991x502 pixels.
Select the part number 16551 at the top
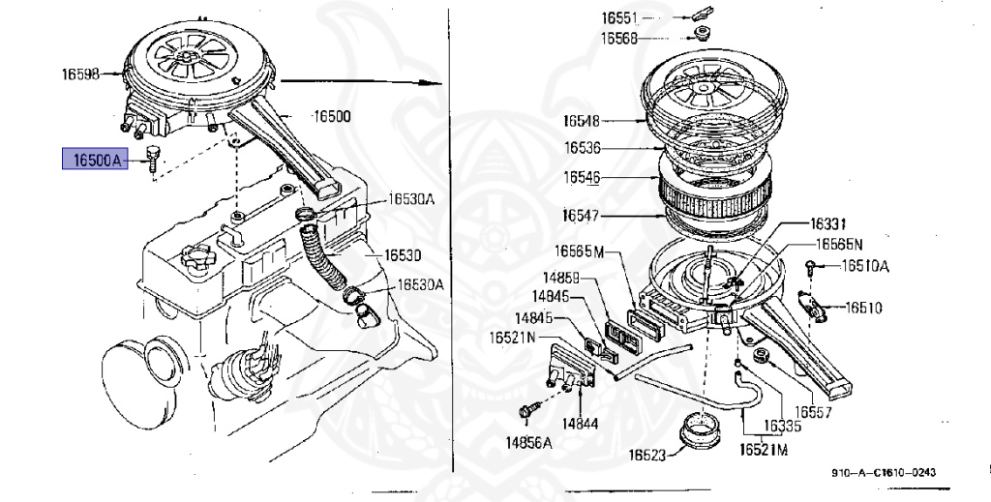618,19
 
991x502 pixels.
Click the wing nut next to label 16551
702,15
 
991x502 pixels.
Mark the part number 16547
580,214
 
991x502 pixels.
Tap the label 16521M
764,450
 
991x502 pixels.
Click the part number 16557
814,411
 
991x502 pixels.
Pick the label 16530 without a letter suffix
402,255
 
